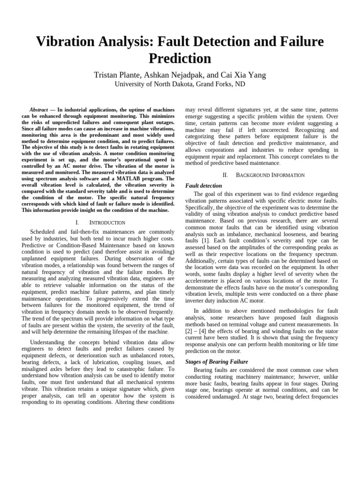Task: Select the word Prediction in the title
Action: (180, 59)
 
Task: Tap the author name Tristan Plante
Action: (117, 75)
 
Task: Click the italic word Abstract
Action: (39, 110)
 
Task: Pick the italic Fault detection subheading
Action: (204, 186)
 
